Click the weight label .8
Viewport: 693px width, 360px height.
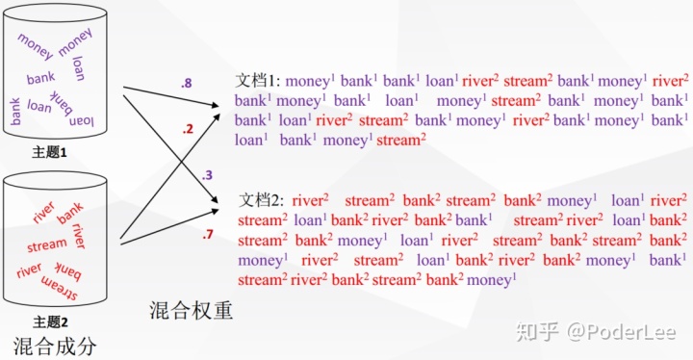[x=186, y=83]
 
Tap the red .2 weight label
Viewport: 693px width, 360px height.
[x=188, y=129]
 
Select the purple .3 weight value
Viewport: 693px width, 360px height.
[x=207, y=175]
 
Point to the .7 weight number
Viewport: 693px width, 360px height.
[x=208, y=234]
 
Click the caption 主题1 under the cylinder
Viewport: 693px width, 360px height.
[x=49, y=153]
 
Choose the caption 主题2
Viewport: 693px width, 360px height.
[x=50, y=321]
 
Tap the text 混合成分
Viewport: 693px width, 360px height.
[x=55, y=346]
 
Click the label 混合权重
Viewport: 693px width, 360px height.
[x=191, y=310]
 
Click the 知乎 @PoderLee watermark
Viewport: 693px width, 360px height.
[x=596, y=332]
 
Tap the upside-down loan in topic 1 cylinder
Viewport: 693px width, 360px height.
[x=82, y=120]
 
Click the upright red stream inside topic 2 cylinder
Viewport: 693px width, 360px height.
[x=47, y=245]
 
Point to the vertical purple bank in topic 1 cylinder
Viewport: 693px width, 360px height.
[x=15, y=112]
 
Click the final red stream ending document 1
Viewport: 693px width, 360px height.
[x=401, y=141]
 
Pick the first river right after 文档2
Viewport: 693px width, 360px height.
[x=310, y=200]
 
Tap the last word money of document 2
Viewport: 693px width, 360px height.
[x=492, y=280]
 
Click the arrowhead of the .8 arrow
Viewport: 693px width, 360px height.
[x=216, y=105]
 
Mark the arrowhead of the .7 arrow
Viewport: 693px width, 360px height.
[x=216, y=211]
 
